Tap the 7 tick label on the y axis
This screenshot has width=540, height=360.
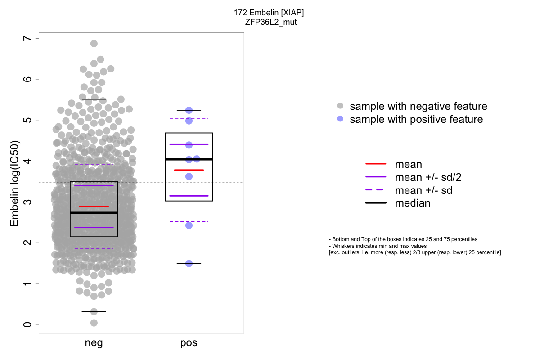coord(29,39)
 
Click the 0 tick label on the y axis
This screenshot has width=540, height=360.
coord(29,324)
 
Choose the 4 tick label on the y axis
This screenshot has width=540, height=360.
coord(29,161)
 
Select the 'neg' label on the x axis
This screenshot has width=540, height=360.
coord(94,344)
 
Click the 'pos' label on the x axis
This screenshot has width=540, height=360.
coord(189,344)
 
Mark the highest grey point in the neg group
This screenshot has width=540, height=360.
coord(94,44)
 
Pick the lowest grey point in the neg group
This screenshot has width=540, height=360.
coord(94,323)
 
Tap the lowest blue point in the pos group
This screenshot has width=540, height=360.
coord(189,263)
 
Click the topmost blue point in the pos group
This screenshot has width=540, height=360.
coord(189,110)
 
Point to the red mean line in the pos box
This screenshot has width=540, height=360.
coord(189,170)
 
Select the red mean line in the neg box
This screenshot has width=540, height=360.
coord(94,207)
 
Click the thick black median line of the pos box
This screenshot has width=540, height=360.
coord(189,159)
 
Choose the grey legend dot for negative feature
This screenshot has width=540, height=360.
coord(340,106)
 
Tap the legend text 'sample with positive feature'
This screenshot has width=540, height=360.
coord(416,119)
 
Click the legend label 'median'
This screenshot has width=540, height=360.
coord(413,203)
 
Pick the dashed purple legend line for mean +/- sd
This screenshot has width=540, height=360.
coord(376,190)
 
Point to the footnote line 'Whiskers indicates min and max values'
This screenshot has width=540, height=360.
coord(378,246)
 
